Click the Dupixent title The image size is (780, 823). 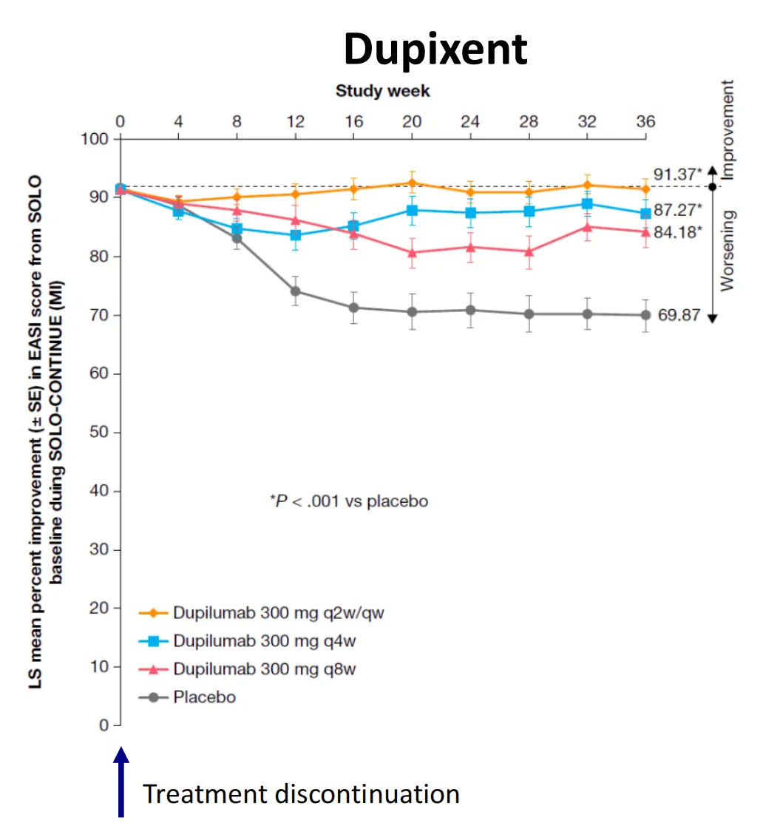(x=435, y=50)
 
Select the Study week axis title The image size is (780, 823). (x=382, y=91)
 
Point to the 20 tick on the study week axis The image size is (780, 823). (x=411, y=121)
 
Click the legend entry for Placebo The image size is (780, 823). (x=204, y=697)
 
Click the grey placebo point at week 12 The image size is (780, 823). (x=295, y=291)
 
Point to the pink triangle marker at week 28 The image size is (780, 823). (x=529, y=251)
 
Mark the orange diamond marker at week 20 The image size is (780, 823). (x=411, y=183)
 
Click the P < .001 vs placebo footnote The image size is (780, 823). (x=349, y=501)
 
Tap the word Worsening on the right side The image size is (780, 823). (x=728, y=250)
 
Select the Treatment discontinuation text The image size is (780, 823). (x=301, y=793)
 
